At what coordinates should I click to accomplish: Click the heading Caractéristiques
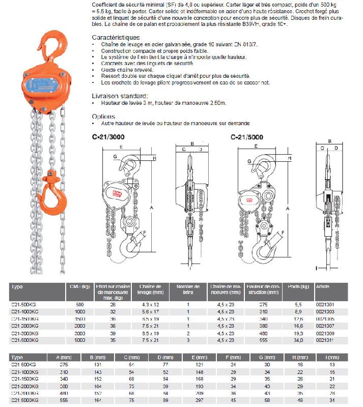point(116,38)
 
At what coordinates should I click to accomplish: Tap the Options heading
point(103,116)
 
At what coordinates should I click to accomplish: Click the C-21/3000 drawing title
point(108,137)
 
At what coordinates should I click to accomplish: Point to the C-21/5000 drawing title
point(247,137)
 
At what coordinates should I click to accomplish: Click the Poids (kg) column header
point(297,286)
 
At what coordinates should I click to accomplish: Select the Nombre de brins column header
point(188,289)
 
